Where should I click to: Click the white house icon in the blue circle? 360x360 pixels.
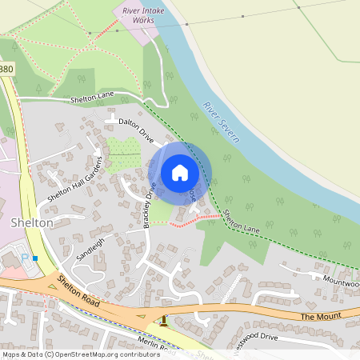coord(180,172)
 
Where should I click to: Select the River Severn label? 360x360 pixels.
coord(221,122)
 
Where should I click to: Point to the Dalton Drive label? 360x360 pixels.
coord(135,131)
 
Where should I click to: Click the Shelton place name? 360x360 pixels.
coord(32,222)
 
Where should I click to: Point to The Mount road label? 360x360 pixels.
coord(321,317)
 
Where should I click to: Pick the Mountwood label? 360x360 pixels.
coord(341,281)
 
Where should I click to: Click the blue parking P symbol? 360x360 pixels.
coord(24,258)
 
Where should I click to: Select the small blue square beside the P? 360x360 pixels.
coord(35,258)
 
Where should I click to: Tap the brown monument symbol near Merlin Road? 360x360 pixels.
coord(165,322)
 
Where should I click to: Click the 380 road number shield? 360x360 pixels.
coord(6,69)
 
